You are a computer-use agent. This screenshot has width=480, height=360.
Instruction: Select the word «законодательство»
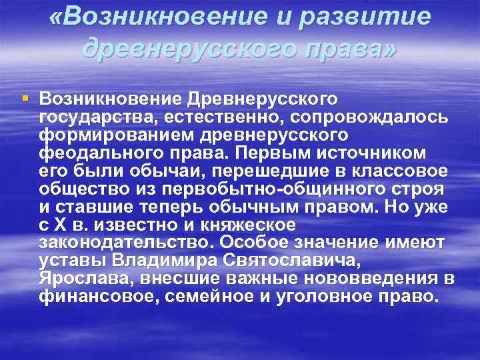[122, 243]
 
